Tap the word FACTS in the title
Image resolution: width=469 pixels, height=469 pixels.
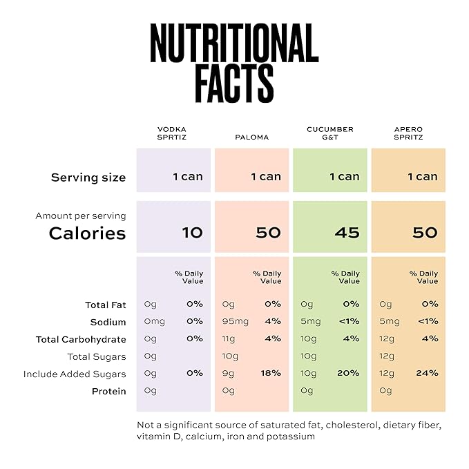pos(234,84)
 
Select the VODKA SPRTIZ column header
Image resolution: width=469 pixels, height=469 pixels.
pos(172,133)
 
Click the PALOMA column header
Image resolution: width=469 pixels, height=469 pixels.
pos(251,137)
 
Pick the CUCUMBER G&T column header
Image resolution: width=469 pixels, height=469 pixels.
pos(330,133)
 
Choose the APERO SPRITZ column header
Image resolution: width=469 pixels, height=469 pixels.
pos(408,133)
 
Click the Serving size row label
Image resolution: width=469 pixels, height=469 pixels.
pos(88,178)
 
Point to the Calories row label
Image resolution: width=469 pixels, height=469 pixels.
pos(87,233)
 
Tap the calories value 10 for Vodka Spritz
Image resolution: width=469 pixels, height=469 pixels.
pos(192,233)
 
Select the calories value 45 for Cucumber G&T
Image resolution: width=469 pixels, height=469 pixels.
pos(347,233)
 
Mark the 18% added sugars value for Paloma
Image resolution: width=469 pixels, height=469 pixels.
pos(271,374)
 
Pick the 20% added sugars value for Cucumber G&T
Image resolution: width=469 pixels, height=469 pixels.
pos(349,374)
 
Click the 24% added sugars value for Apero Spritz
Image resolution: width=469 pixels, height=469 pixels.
pos(427,374)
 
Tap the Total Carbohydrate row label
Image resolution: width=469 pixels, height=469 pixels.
pos(81,339)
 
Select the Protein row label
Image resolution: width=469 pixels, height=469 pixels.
pos(109,392)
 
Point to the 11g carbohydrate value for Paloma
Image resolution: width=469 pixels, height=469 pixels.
pos(229,339)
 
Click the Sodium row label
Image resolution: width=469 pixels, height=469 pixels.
pos(108,322)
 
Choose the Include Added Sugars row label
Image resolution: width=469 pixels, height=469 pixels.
pos(75,374)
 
